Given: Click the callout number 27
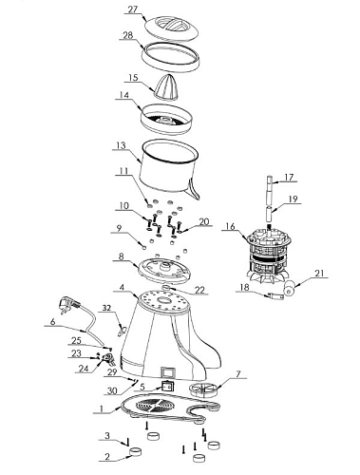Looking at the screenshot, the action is coord(133,9).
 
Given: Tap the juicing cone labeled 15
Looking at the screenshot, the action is coord(166,86).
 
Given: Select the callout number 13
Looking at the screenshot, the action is coord(121,145).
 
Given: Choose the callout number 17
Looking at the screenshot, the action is coord(289,177).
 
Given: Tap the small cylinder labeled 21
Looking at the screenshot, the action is coord(290,289).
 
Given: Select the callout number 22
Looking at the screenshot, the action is coord(199,290).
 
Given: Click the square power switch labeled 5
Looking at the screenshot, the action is coord(167,387).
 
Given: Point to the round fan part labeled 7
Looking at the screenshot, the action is coord(203,388).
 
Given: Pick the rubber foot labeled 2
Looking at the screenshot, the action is coord(136,452).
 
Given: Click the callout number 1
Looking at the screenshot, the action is coord(102,408).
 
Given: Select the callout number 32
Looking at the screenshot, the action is coord(107,308).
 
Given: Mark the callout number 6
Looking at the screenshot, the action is coord(53,322).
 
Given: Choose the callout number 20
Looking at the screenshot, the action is coord(204,221).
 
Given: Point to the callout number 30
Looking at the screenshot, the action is coord(112,391).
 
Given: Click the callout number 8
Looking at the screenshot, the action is coord(121,256).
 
